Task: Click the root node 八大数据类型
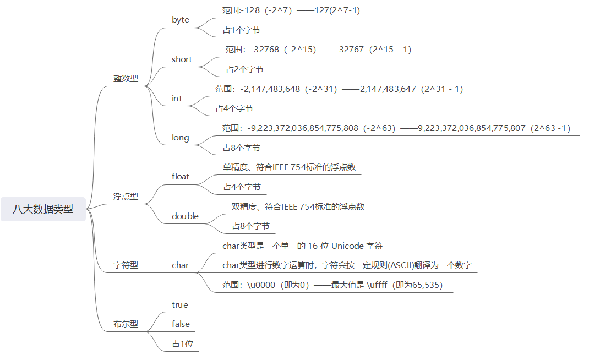[x=43, y=209]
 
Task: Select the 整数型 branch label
[x=126, y=78]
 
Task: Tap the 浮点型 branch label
[x=126, y=196]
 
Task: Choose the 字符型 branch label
[x=126, y=265]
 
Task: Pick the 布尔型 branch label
[x=126, y=324]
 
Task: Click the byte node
[x=180, y=20]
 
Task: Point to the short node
[x=182, y=59]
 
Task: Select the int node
[x=177, y=99]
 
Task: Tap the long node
[x=180, y=138]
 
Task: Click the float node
[x=180, y=177]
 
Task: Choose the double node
[x=185, y=216]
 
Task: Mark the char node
[x=180, y=265]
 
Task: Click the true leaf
[x=179, y=304]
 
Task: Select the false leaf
[x=181, y=324]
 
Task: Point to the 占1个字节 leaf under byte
[x=241, y=30]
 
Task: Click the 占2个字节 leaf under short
[x=244, y=69]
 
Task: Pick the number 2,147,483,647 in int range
[x=388, y=89]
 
